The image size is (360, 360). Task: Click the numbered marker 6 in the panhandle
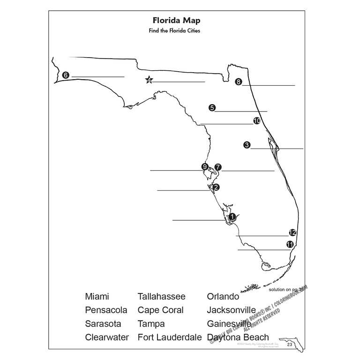(x=66, y=75)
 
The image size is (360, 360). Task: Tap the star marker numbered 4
(x=149, y=80)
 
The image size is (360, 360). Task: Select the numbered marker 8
(x=239, y=82)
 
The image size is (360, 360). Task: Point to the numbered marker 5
(x=212, y=108)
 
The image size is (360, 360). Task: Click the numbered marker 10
(x=256, y=121)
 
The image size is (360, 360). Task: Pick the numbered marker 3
(x=247, y=145)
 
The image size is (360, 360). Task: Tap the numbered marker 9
(x=204, y=166)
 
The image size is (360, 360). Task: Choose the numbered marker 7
(x=217, y=167)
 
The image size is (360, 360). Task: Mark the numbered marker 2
(x=216, y=187)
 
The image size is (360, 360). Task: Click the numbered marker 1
(x=232, y=217)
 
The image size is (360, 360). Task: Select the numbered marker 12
(x=292, y=232)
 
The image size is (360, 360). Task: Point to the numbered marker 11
(x=290, y=244)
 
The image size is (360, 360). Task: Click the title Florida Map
(x=176, y=21)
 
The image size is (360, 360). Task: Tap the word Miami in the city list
(x=97, y=297)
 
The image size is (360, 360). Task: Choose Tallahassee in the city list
(x=161, y=297)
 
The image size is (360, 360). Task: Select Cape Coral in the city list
(x=160, y=310)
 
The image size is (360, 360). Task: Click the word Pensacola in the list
(x=106, y=310)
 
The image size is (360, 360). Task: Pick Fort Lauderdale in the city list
(x=169, y=337)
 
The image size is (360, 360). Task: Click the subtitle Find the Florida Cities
(x=176, y=30)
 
